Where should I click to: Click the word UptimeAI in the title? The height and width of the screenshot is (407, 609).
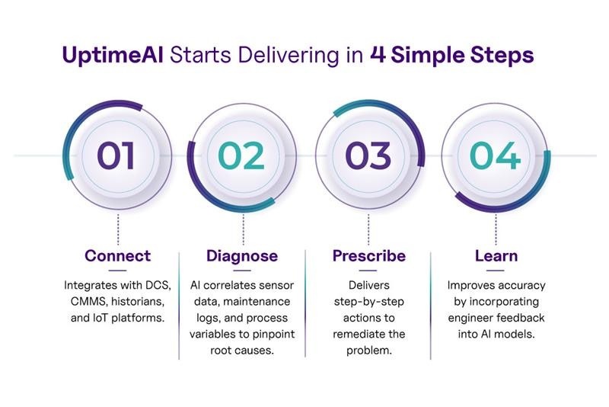click(x=113, y=55)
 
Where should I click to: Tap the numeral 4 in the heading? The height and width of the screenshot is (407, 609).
click(x=378, y=54)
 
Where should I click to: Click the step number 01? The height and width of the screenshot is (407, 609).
click(x=116, y=155)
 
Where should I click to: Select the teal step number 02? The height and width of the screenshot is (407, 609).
click(x=241, y=155)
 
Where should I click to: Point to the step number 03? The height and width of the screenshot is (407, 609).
click(x=368, y=155)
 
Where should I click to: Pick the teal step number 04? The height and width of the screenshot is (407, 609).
click(x=495, y=155)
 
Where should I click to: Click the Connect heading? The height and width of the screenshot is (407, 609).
click(x=118, y=256)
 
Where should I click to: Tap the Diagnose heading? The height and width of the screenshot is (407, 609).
click(x=242, y=256)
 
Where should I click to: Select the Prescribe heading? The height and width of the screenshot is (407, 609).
click(x=369, y=256)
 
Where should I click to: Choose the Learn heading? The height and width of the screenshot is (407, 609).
click(x=496, y=256)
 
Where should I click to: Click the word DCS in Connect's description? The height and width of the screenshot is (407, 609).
click(x=158, y=285)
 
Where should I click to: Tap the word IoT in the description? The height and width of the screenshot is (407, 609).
click(x=100, y=318)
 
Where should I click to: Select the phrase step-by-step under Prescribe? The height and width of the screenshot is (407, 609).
click(x=369, y=302)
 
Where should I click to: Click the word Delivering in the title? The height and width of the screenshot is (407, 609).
click(x=289, y=55)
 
